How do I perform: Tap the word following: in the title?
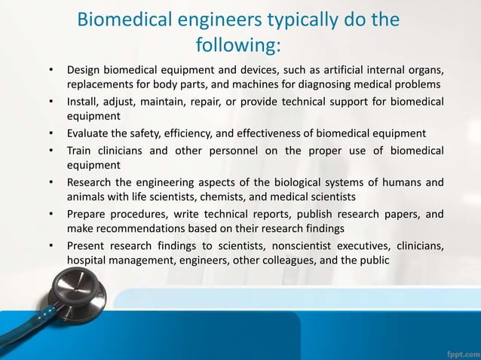point(238,47)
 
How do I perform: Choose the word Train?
point(80,150)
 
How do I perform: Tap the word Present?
point(87,246)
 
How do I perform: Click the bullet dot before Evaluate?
point(51,133)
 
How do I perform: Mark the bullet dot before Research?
point(51,182)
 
